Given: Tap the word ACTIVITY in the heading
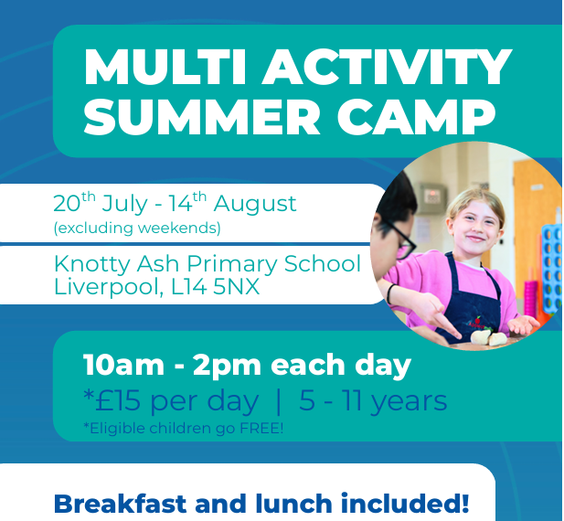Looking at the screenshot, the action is pyautogui.click(x=387, y=67).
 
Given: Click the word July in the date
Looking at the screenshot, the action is pyautogui.click(x=125, y=204).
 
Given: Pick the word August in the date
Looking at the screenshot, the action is pyautogui.click(x=255, y=204).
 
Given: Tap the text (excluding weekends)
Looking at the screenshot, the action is pyautogui.click(x=137, y=228).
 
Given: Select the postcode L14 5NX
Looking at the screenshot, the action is pyautogui.click(x=215, y=287).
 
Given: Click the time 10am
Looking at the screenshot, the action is pyautogui.click(x=123, y=366).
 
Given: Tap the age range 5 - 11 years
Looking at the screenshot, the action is pyautogui.click(x=373, y=401).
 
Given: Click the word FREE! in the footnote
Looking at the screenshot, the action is pyautogui.click(x=261, y=429).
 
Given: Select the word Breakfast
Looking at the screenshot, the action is pyautogui.click(x=120, y=504).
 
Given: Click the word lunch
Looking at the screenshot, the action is pyautogui.click(x=293, y=504).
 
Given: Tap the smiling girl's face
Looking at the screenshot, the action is pyautogui.click(x=475, y=227).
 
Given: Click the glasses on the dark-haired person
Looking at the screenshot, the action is pyautogui.click(x=401, y=240).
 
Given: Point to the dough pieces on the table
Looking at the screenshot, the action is pyautogui.click(x=489, y=337).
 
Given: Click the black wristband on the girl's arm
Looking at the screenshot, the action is pyautogui.click(x=391, y=293).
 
